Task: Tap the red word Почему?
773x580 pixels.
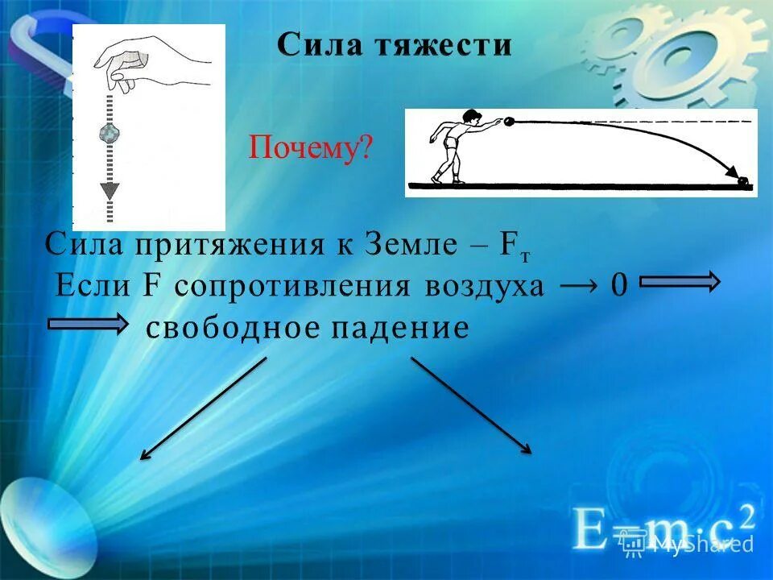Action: coord(311,148)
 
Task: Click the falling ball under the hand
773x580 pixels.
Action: coord(109,133)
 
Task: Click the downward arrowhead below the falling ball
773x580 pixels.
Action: coord(109,192)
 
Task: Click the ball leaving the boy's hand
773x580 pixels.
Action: coord(509,122)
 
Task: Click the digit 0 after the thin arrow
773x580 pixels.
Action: coord(618,286)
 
